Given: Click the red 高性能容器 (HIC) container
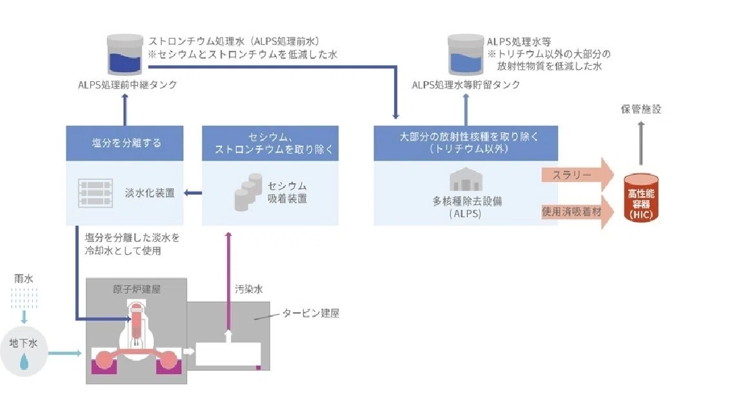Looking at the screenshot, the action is click(x=640, y=198).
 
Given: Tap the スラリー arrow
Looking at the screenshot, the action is click(x=578, y=175).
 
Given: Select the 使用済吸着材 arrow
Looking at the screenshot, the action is click(x=578, y=212).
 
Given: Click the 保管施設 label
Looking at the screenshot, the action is click(x=640, y=110).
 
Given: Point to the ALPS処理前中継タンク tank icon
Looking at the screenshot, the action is click(x=124, y=54).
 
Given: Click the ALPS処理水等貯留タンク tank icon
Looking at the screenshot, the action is click(x=465, y=54).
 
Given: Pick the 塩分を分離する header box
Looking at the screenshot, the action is click(x=124, y=143).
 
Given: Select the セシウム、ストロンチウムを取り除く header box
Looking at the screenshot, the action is click(x=270, y=143).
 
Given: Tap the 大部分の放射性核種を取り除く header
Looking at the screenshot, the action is click(x=466, y=143).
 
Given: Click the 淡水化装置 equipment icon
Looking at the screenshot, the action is click(x=95, y=193).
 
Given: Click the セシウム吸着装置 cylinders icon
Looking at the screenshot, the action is click(x=248, y=192).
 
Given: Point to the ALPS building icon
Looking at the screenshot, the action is click(x=466, y=179).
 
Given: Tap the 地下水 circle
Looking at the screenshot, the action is click(x=24, y=353).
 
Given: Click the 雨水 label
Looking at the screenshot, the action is click(x=24, y=279).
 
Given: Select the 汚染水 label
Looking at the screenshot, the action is click(x=249, y=289).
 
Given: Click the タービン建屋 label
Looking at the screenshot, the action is click(x=311, y=313).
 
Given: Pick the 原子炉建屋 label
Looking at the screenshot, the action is click(x=137, y=289).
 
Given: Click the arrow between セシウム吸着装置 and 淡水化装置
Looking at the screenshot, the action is click(x=193, y=193).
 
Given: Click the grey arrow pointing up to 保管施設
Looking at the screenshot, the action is click(x=641, y=143).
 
